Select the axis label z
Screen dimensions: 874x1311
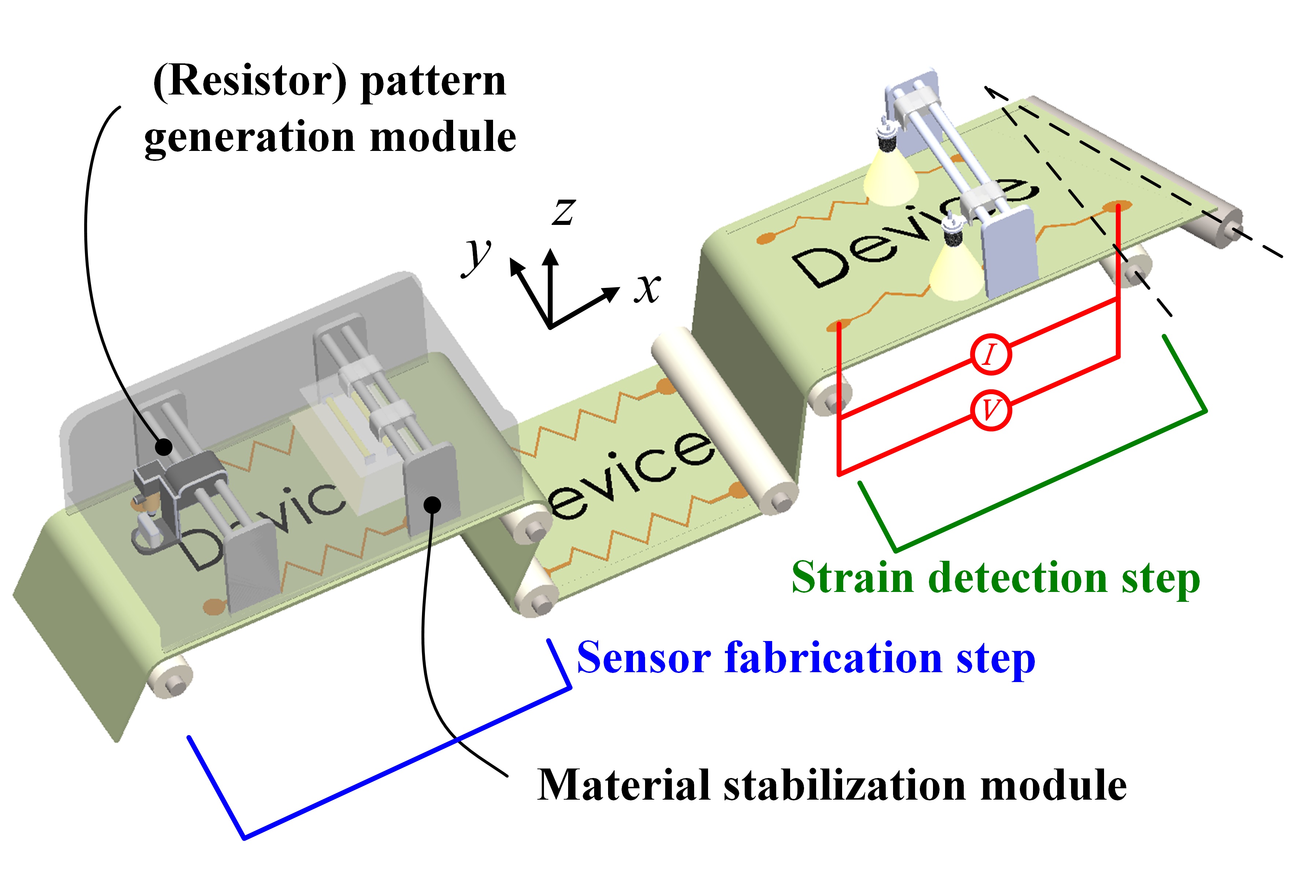(x=563, y=211)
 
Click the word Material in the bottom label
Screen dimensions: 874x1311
(x=624, y=785)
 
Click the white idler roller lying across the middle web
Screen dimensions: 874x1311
(x=725, y=421)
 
